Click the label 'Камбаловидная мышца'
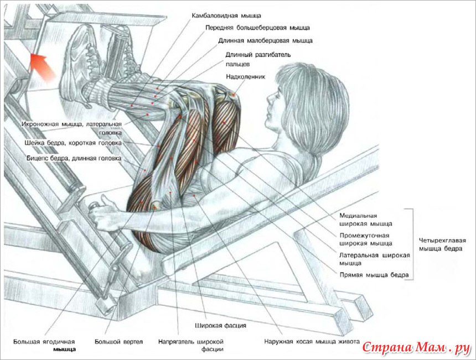coord(226,15)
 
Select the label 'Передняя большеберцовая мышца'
coord(257,28)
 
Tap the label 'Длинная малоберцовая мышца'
coord(265,40)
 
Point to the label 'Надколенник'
coord(245,77)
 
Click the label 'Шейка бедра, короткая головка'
coord(73,143)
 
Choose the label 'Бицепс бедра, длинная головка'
coord(74,158)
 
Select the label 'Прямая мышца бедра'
coord(374,275)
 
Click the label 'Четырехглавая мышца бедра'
coord(442,244)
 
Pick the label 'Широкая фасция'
coord(220,326)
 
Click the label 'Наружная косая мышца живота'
coord(312,342)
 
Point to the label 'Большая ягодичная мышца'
coord(45,346)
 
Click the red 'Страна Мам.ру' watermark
coord(416,348)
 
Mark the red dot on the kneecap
coord(234,95)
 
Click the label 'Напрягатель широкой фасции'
coord(190,346)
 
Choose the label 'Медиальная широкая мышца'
coord(365,220)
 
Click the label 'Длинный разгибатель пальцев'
coord(258,59)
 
